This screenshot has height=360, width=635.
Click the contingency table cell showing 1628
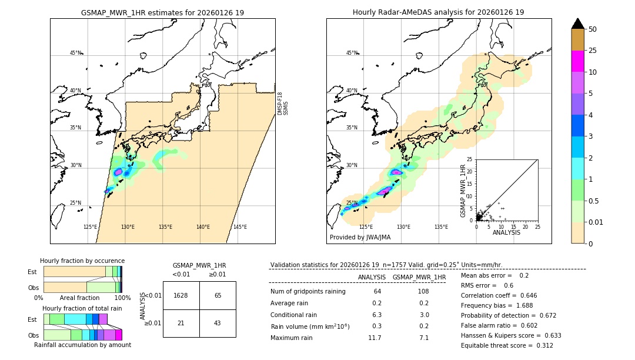click(181, 295)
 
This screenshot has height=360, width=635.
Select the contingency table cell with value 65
click(218, 295)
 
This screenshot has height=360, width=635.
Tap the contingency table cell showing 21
click(181, 323)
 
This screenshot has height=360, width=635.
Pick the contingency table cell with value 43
click(218, 323)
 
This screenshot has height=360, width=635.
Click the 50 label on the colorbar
click(593, 29)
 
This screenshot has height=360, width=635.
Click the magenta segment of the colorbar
click(577, 61)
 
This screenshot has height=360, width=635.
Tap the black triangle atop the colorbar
click(577, 23)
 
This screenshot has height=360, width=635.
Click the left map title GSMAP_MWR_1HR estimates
click(162, 12)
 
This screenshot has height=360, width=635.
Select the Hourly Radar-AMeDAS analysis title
click(439, 12)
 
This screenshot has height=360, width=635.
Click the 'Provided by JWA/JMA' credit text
click(360, 237)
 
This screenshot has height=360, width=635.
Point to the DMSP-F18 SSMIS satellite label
click(283, 104)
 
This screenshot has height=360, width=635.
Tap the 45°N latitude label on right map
click(352, 53)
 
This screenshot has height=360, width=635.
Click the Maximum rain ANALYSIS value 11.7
click(375, 338)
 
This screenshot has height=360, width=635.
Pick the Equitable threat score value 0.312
click(541, 345)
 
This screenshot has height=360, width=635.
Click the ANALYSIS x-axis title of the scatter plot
click(506, 232)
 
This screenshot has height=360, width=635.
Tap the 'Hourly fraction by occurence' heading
click(82, 261)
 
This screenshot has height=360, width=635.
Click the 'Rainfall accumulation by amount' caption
click(82, 345)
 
